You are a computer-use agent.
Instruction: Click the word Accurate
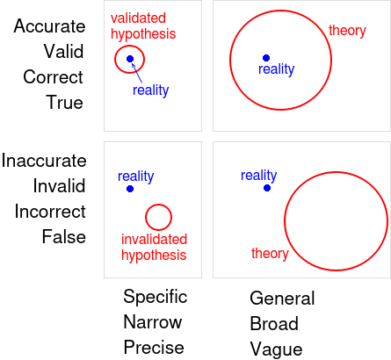tap(49, 26)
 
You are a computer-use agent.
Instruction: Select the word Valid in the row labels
tap(64, 52)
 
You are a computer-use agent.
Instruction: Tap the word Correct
tap(53, 77)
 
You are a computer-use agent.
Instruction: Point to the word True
tap(64, 103)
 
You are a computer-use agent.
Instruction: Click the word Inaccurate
tap(44, 161)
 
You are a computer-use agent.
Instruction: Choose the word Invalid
tap(59, 185)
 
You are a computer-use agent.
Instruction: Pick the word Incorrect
tap(50, 211)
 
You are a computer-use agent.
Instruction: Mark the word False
tap(64, 236)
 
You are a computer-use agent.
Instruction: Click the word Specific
tap(156, 298)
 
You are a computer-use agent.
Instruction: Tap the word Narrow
tap(153, 322)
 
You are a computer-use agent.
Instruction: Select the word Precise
tap(154, 348)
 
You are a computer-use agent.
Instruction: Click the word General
tap(282, 299)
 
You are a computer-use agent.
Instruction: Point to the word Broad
tap(274, 324)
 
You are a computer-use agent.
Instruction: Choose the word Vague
tap(276, 349)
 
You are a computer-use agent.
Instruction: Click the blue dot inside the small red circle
tap(130, 59)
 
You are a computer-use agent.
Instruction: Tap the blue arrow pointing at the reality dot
tap(137, 73)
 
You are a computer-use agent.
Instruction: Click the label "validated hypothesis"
tap(143, 26)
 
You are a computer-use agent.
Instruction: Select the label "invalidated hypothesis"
tap(154, 248)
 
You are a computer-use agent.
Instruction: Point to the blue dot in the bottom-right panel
tap(267, 188)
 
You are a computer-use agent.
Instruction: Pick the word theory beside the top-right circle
tap(347, 31)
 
